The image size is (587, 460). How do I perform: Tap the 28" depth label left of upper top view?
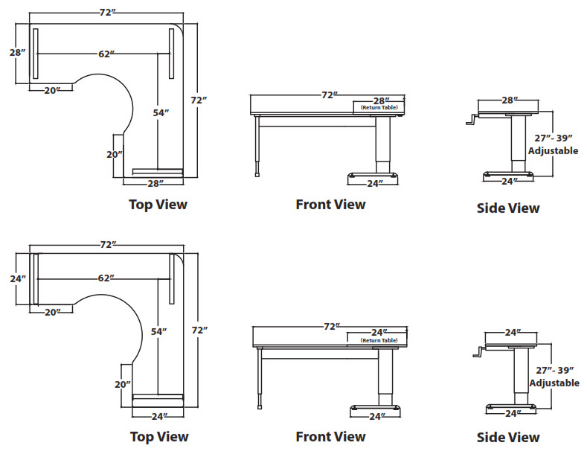[18, 52]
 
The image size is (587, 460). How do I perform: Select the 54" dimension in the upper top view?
[161, 112]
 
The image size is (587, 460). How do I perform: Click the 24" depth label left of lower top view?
[18, 278]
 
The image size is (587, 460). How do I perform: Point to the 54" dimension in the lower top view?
[158, 331]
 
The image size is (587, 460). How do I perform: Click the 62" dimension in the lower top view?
[106, 278]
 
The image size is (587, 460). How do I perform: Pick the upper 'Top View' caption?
[158, 204]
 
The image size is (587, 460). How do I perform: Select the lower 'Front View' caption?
[330, 436]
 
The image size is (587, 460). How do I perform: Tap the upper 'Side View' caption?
[507, 208]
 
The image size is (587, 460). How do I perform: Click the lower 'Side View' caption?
[507, 437]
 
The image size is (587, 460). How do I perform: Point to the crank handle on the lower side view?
[478, 354]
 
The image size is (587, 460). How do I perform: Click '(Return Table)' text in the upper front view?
[379, 109]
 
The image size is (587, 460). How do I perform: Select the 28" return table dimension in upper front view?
[380, 100]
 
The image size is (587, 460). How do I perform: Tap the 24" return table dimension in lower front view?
[379, 332]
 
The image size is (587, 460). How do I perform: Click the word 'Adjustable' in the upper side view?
[553, 150]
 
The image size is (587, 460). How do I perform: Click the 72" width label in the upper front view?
[329, 95]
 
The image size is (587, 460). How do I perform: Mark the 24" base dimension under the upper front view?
[375, 183]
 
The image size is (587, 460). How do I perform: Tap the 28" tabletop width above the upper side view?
[509, 100]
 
